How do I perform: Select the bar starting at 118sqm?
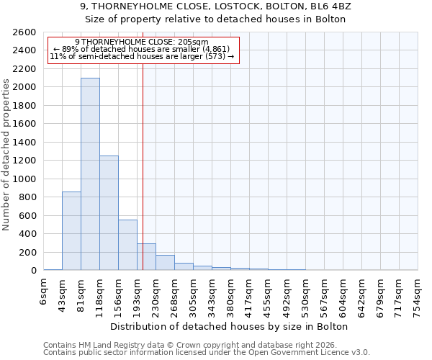click(109, 212)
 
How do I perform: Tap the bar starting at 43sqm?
click(71, 230)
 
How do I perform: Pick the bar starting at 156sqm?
click(127, 245)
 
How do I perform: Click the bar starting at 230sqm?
click(165, 263)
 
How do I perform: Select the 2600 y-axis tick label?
click(25, 32)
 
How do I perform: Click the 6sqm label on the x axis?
click(44, 292)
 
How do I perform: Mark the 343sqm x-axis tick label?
click(212, 294)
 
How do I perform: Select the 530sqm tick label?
click(306, 294)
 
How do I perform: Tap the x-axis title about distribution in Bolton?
click(230, 326)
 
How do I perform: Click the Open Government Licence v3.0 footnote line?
click(207, 353)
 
